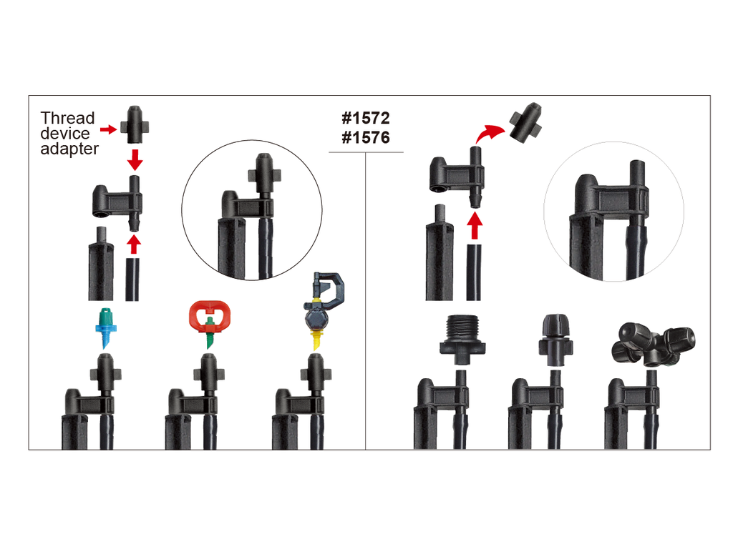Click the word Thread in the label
67,118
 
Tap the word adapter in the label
69,149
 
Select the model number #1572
366,118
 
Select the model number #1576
366,138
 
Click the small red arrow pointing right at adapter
109,129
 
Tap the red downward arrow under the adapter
135,159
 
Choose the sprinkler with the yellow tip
324,310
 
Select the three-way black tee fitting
653,345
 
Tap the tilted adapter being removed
526,122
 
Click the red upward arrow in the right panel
475,225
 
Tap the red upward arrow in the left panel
134,244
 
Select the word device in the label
65,134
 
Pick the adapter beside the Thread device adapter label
135,124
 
